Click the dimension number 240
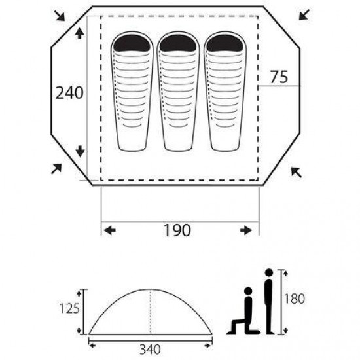tap(69, 94)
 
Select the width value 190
tap(177, 230)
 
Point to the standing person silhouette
tap(267, 300)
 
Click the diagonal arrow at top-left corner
tap(60, 14)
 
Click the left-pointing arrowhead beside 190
tap(110, 230)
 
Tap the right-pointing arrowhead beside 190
tap(246, 230)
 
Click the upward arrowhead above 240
tap(79, 34)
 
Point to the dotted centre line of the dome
tap(151, 312)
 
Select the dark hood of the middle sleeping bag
tap(179, 44)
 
